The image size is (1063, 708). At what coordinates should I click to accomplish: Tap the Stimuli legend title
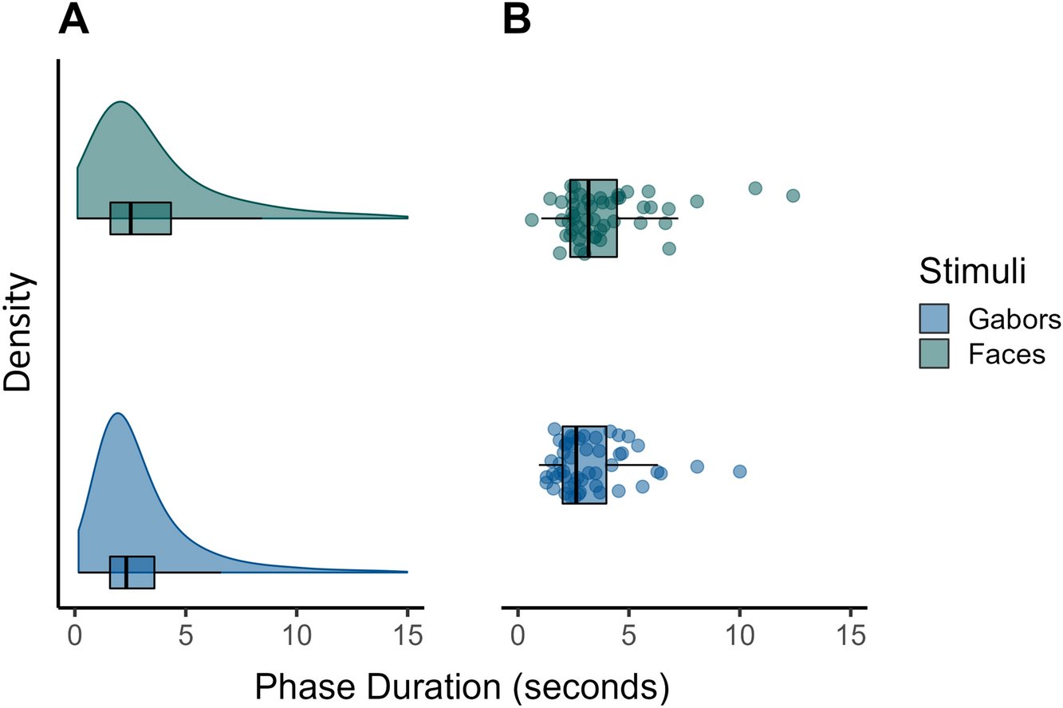coord(971,270)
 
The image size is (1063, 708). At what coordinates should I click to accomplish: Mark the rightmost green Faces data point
coord(793,195)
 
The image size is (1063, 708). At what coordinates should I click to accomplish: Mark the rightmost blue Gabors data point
coord(739,471)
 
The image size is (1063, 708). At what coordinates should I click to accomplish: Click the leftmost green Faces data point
coord(532,219)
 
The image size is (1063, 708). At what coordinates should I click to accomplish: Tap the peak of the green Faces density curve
coord(120,102)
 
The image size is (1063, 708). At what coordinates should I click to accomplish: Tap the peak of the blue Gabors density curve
coord(117,413)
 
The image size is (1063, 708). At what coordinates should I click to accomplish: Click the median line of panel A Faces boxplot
coord(131,218)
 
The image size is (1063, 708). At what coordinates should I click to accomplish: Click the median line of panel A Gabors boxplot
coord(126,572)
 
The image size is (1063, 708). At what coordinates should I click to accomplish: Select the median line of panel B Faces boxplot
coord(588,218)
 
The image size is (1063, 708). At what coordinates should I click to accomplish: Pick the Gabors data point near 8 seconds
coord(697,466)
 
